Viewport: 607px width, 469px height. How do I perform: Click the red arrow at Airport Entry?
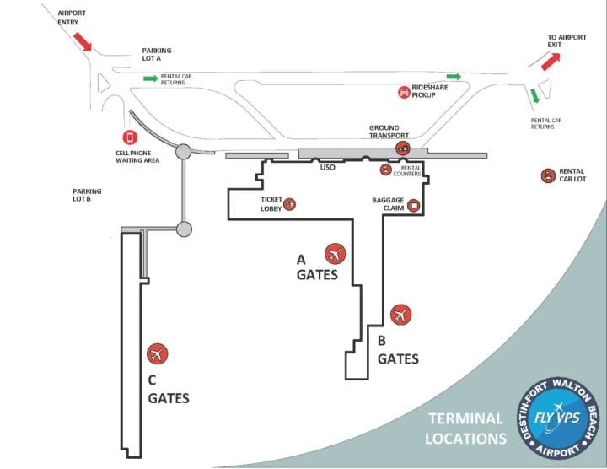[83, 40]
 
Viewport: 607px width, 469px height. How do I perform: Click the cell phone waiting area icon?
[130, 137]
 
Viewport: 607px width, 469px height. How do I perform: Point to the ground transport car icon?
[403, 148]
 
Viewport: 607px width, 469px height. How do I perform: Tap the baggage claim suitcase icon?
[413, 204]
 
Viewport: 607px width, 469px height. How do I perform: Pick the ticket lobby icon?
[290, 203]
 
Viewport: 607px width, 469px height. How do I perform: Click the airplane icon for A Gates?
[336, 253]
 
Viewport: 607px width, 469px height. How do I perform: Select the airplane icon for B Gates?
[401, 315]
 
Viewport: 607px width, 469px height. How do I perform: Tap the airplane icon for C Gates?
[158, 354]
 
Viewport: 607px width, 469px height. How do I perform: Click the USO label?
[329, 168]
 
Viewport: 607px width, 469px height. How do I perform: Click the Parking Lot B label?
[87, 196]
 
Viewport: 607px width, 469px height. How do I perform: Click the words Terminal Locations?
[465, 428]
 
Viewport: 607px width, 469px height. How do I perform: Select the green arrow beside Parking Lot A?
[150, 78]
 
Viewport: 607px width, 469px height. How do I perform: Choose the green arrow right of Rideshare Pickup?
[454, 77]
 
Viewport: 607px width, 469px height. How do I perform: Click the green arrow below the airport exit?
[534, 96]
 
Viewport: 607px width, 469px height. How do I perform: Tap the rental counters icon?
[386, 170]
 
